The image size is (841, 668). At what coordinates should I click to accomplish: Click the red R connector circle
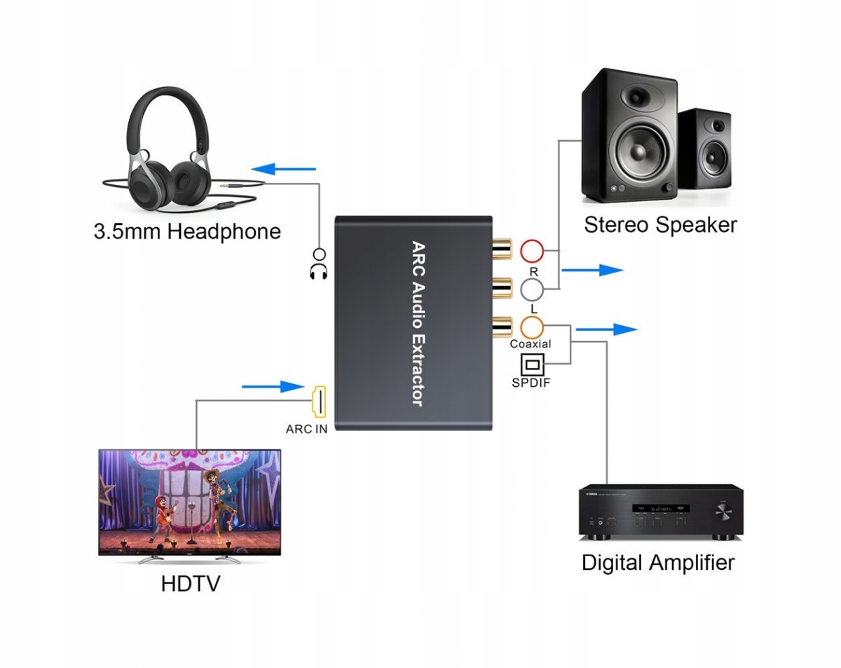point(532,250)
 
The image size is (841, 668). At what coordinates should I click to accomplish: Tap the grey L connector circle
point(532,288)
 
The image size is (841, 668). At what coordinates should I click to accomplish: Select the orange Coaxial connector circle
point(532,326)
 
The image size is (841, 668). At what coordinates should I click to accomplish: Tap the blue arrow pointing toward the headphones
point(284,168)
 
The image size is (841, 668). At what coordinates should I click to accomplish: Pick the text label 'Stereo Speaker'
point(660,225)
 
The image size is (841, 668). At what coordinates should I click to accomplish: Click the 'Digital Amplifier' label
point(658,562)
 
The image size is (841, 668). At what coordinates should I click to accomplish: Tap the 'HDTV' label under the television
point(190,583)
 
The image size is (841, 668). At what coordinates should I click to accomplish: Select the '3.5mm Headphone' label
point(187,231)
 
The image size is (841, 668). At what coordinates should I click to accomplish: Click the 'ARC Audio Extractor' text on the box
point(417,324)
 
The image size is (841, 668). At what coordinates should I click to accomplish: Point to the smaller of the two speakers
point(705,148)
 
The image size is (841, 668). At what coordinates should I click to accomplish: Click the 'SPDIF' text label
point(532,384)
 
